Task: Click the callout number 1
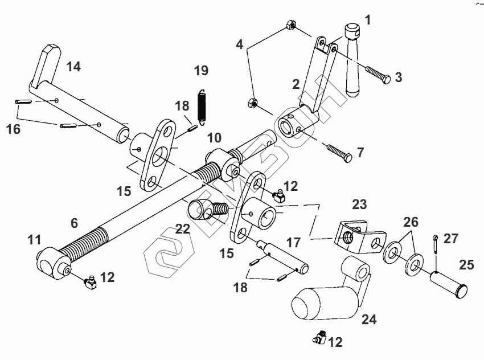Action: point(368,21)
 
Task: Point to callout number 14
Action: point(73,66)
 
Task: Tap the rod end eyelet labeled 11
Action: point(52,264)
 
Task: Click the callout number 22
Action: point(182,228)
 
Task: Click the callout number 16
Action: point(13,129)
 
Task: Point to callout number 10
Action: point(214,137)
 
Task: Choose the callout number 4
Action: point(240,43)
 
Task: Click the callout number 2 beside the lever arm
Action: point(296,84)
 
